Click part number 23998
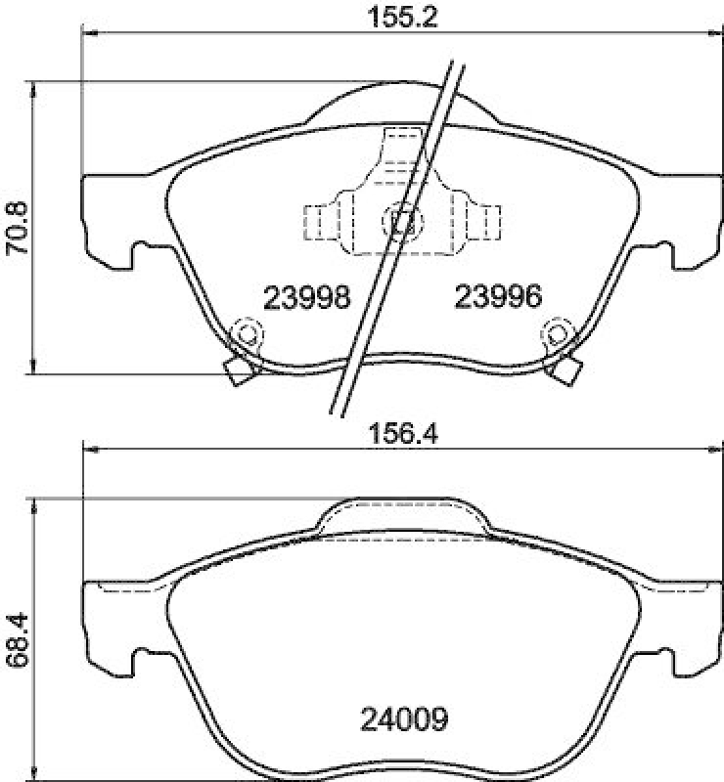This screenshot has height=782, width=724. pyautogui.click(x=307, y=297)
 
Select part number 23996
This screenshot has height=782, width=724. pyautogui.click(x=496, y=297)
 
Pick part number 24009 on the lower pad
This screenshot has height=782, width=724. pyautogui.click(x=403, y=720)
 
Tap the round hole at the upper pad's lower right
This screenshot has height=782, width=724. pyautogui.click(x=557, y=332)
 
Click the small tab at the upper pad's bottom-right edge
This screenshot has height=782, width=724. pyautogui.click(x=566, y=370)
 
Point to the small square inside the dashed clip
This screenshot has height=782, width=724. pyautogui.click(x=401, y=221)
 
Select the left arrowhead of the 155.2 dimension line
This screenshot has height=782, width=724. pyautogui.click(x=89, y=32)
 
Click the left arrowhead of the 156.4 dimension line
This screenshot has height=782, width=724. pyautogui.click(x=89, y=450)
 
